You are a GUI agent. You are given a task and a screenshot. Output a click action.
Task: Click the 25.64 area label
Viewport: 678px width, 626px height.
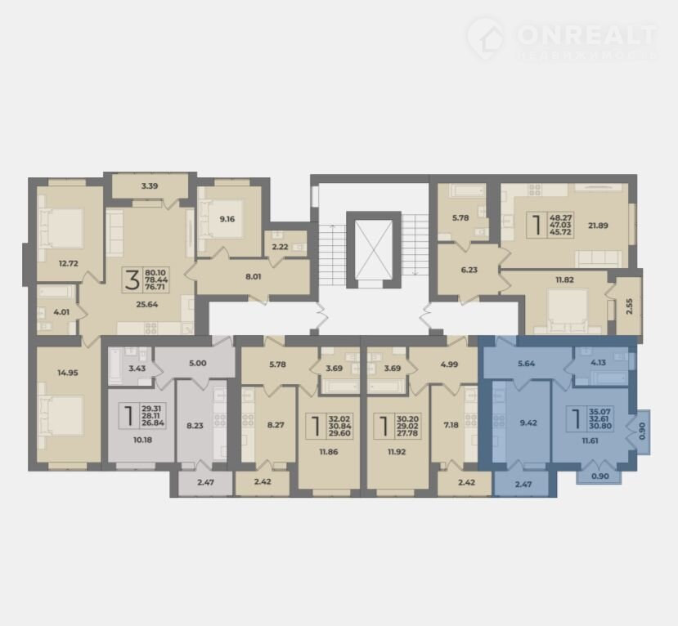point(147,304)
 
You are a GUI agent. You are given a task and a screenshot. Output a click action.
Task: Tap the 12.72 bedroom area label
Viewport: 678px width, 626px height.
point(69,263)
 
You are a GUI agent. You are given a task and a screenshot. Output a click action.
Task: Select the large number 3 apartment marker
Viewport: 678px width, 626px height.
point(132,279)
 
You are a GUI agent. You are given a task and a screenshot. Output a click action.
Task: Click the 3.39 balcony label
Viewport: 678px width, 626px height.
point(150,186)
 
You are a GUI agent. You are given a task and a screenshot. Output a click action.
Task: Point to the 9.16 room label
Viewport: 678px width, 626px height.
point(227,219)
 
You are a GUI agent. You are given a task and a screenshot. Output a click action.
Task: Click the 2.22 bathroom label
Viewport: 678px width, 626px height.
point(281,247)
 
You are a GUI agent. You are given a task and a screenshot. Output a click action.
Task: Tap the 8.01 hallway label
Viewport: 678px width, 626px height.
point(254,276)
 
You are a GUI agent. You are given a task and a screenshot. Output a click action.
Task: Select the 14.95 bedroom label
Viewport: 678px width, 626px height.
point(68,373)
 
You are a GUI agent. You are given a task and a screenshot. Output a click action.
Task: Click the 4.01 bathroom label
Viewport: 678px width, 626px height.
point(61,311)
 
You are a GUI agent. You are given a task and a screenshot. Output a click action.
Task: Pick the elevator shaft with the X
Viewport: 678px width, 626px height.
point(374,250)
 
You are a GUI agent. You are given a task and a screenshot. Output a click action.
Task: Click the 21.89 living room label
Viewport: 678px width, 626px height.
point(598,225)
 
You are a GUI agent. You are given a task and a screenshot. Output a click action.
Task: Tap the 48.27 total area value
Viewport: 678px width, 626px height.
point(560,217)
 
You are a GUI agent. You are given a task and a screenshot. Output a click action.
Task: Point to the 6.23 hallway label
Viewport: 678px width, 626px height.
point(469,270)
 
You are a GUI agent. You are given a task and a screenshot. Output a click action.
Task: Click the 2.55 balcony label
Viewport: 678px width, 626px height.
point(630,306)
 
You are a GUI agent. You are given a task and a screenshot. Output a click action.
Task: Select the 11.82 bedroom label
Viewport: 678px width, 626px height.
point(564,279)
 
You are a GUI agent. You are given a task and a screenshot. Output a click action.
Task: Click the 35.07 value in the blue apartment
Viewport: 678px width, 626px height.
point(600,412)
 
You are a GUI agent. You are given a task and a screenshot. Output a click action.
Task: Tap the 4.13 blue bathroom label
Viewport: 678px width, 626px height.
point(598,363)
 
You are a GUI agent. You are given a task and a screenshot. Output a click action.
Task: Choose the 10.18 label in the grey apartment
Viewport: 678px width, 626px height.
point(142,440)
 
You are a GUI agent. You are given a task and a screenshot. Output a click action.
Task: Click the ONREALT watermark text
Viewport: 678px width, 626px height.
point(586,34)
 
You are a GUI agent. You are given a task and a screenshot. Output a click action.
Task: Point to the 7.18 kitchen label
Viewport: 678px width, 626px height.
point(451,425)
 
